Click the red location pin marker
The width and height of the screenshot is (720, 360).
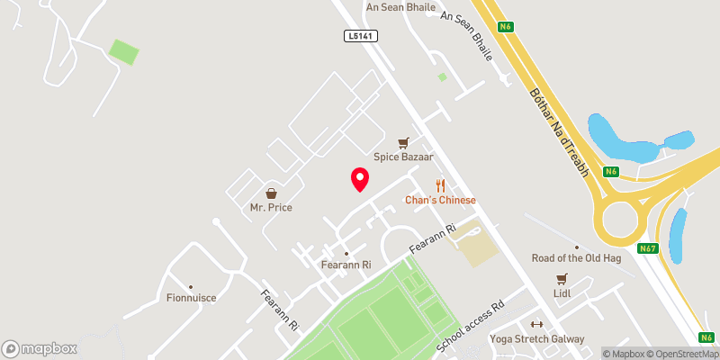click(359, 179)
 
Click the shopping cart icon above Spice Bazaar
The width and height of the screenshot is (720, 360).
click(404, 142)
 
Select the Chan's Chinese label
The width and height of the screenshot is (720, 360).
click(439, 200)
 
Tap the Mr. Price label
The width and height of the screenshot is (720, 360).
click(271, 207)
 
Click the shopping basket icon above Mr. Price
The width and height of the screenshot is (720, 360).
click(271, 193)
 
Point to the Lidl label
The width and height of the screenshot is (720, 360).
click(563, 293)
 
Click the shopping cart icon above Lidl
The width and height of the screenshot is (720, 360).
click(563, 279)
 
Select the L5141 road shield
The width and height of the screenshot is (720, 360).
click(359, 35)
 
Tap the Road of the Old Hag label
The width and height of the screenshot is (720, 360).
click(576, 257)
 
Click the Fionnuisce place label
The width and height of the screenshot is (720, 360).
click(191, 297)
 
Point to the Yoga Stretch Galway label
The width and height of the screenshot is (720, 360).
click(537, 339)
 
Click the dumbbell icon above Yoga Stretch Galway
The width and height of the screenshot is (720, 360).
click(537, 325)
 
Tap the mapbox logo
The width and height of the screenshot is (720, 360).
click(40, 348)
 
